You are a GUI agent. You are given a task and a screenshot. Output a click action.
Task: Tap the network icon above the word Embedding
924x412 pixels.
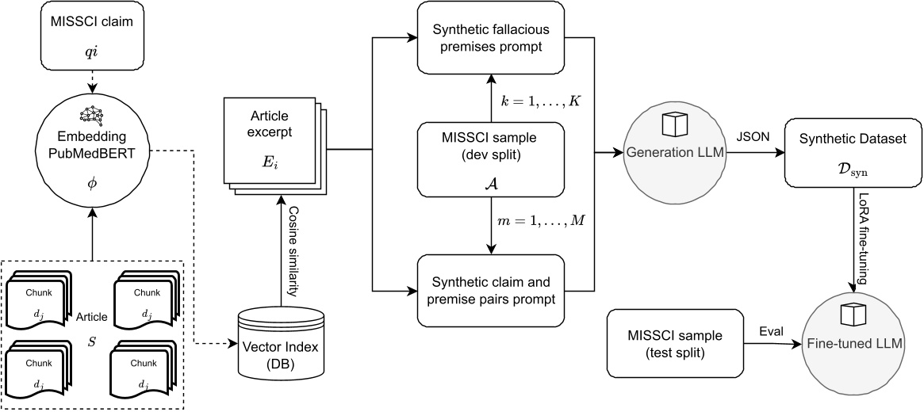click(x=92, y=114)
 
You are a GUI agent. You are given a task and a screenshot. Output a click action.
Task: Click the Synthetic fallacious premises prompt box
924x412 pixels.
click(x=489, y=36)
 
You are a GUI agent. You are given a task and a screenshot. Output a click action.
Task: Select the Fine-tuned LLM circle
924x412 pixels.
click(x=856, y=334)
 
